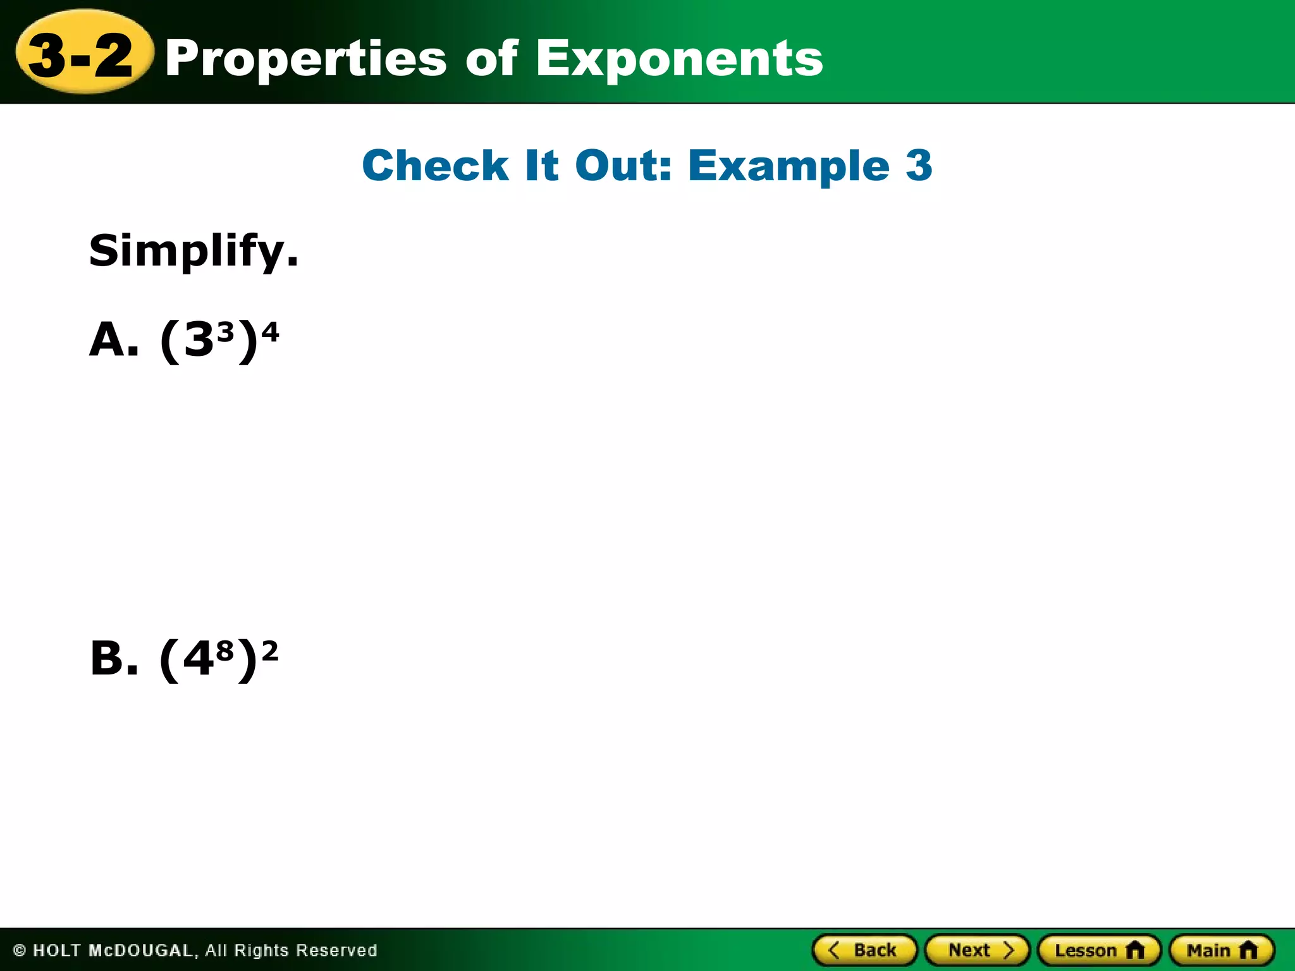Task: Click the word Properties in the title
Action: coord(306,59)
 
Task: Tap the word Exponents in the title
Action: coord(679,59)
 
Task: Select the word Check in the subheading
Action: coord(435,166)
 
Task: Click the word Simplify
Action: coord(193,252)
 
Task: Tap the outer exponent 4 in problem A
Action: coord(270,331)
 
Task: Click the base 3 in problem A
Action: coord(199,341)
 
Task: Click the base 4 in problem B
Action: coord(198,660)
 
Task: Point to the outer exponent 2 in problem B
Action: coord(270,650)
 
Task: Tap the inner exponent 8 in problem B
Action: coord(225,650)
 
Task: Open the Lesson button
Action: coord(1099,950)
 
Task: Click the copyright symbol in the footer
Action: coord(20,950)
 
